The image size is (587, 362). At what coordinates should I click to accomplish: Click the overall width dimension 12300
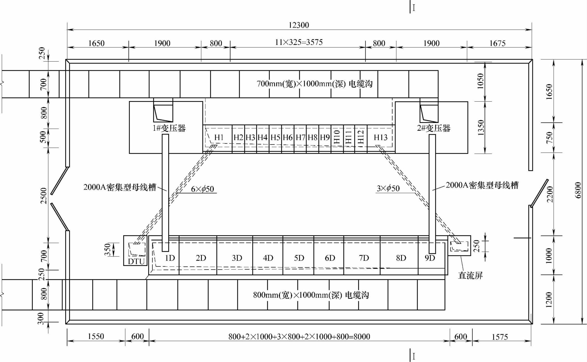[x=299, y=25]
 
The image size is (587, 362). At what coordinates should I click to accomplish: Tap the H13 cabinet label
[x=381, y=137]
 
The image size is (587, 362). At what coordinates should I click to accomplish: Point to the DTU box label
[x=136, y=261]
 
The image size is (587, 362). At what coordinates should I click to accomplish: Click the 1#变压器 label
[x=169, y=128]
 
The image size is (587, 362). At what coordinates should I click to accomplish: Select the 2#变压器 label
[x=434, y=128]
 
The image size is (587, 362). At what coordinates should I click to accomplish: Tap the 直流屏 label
[x=470, y=276]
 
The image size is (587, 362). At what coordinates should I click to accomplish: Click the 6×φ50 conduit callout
[x=202, y=189]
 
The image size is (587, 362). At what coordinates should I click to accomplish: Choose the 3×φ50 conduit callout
[x=388, y=188]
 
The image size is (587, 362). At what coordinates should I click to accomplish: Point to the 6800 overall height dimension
[x=578, y=190]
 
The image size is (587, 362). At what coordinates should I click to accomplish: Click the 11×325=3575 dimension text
[x=299, y=42]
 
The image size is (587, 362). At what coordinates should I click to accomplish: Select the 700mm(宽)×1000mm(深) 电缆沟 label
[x=315, y=84]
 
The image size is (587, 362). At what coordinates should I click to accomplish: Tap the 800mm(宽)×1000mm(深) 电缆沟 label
[x=311, y=295]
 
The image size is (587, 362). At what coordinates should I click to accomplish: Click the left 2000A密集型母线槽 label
[x=120, y=187]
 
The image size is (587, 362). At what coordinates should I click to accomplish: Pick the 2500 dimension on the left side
[x=44, y=196]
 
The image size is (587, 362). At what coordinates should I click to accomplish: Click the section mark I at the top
[x=414, y=8]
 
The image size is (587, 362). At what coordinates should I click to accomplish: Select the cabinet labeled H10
[x=337, y=137]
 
